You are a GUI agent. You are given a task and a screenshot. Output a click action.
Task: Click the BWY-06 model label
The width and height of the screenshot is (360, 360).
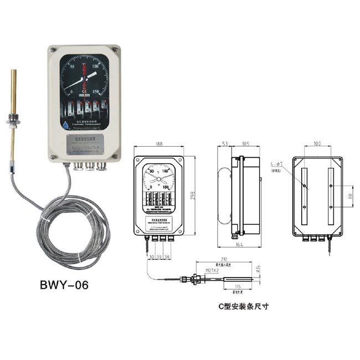64,286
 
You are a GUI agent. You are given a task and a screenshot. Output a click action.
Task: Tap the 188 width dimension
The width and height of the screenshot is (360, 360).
160,146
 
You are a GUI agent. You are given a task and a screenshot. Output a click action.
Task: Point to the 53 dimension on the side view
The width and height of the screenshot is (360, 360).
225,146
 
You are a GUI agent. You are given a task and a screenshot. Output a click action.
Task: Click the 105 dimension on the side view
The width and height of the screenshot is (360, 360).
244,146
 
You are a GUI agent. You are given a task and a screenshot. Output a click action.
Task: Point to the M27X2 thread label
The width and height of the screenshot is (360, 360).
213,270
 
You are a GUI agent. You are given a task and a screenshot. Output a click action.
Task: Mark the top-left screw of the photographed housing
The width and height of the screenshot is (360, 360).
53,50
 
